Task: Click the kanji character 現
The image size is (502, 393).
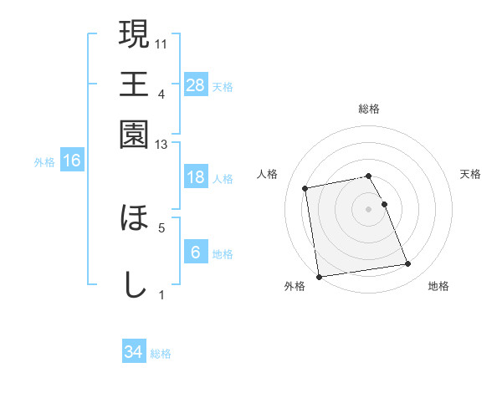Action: pyautogui.click(x=135, y=34)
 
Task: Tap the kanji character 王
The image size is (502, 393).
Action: pyautogui.click(x=135, y=84)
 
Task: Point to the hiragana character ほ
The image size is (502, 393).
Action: pyautogui.click(x=135, y=218)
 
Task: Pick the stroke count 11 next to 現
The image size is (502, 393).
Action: pyautogui.click(x=162, y=43)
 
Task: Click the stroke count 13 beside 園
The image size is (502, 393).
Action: pyautogui.click(x=161, y=145)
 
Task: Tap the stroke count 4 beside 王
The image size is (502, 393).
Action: pyautogui.click(x=161, y=94)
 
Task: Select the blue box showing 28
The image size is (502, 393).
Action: pyautogui.click(x=195, y=85)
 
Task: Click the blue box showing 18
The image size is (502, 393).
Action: pyautogui.click(x=195, y=177)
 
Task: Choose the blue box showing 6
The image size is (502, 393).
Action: pyautogui.click(x=195, y=253)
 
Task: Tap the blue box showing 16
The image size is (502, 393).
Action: pyautogui.click(x=72, y=161)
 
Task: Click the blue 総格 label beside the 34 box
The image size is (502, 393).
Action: pyautogui.click(x=161, y=354)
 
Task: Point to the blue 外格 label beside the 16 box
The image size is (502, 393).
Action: pyautogui.click(x=44, y=161)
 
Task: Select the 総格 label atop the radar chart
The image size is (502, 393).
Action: pyautogui.click(x=369, y=109)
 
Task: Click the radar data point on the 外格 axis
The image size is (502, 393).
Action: pyautogui.click(x=319, y=277)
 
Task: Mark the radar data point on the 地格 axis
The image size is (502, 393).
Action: pyautogui.click(x=408, y=264)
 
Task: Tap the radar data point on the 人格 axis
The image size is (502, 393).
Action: pyautogui.click(x=305, y=188)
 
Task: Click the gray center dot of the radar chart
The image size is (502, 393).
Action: pyautogui.click(x=369, y=208)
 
